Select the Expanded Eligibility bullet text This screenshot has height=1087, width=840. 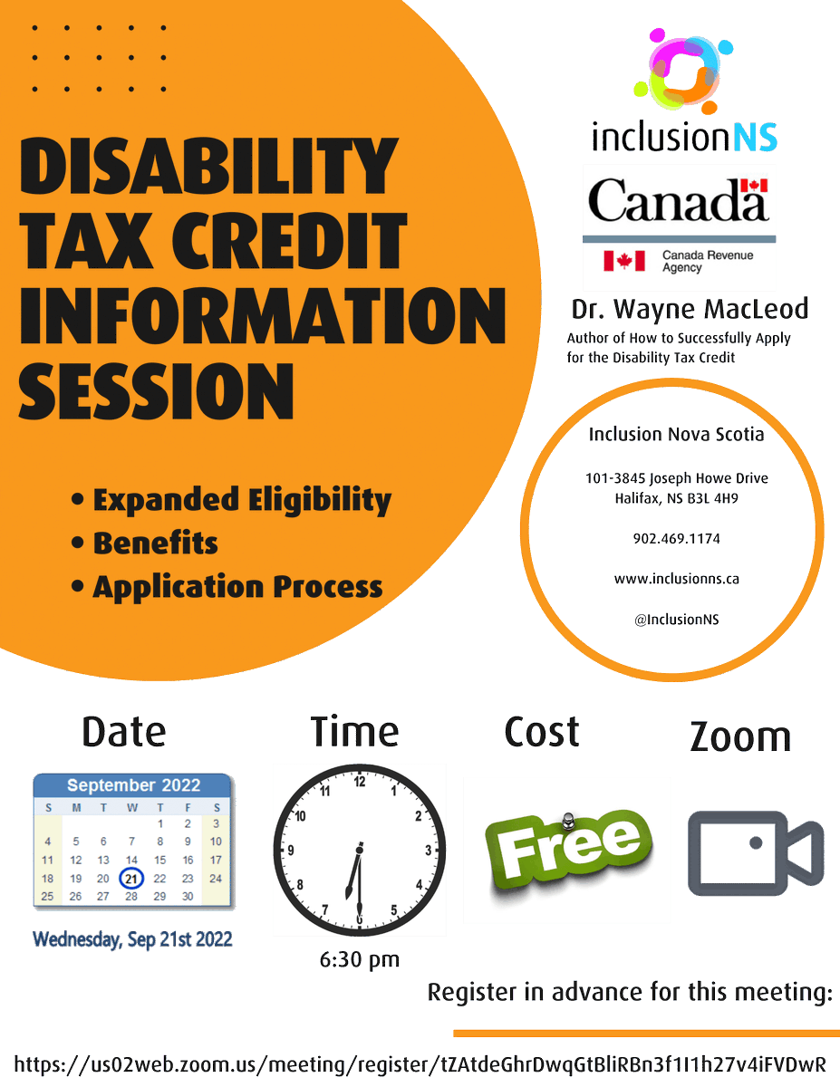(242, 500)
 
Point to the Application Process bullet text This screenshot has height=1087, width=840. (237, 587)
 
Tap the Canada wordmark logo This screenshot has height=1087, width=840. (679, 200)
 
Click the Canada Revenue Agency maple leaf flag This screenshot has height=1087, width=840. (624, 261)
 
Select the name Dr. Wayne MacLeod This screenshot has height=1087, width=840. (690, 310)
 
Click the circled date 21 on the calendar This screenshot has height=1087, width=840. (131, 878)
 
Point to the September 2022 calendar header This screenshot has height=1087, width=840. (133, 784)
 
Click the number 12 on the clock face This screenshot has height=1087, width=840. (360, 781)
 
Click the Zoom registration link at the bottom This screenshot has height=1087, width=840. (420, 1063)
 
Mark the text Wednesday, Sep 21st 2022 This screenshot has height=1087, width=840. (132, 939)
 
